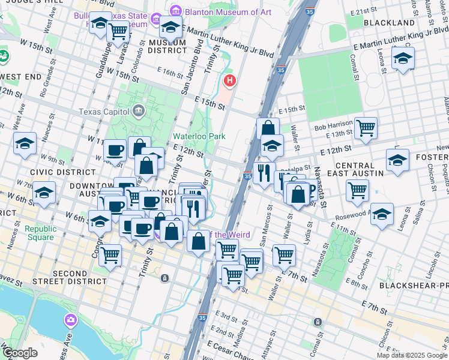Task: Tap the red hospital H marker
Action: [229, 80]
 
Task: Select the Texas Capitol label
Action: [104, 112]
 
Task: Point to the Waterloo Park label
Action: [199, 136]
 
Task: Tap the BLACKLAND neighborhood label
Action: [389, 23]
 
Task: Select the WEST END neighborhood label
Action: [21, 77]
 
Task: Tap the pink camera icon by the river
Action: [71, 320]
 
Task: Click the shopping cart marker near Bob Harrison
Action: [366, 128]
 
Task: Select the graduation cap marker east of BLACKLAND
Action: [403, 59]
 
